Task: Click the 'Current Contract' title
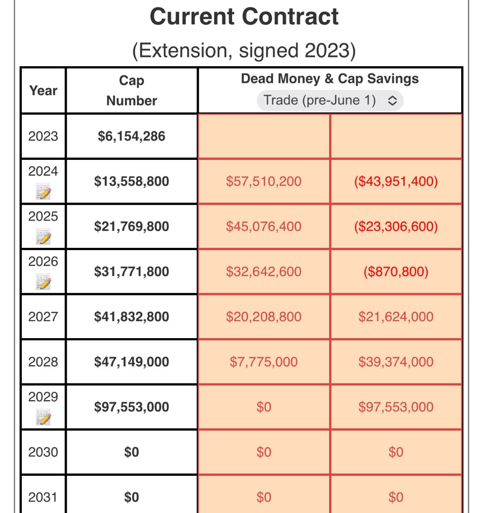click(x=244, y=17)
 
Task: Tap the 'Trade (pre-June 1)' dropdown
click(x=330, y=100)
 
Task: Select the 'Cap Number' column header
click(x=132, y=90)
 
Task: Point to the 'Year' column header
click(x=43, y=91)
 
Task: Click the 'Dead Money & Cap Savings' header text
click(x=330, y=79)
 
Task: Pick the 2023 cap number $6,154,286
click(x=132, y=136)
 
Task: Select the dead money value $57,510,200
click(x=264, y=181)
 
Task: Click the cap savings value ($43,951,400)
click(x=396, y=181)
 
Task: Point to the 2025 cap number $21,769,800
click(x=132, y=227)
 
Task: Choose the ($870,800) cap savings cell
click(x=396, y=271)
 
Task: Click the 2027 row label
click(x=43, y=317)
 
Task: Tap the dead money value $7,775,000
click(x=264, y=362)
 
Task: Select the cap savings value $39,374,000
click(x=396, y=362)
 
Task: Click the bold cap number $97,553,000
click(x=132, y=407)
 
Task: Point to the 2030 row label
click(x=43, y=452)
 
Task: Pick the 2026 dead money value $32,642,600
click(x=264, y=271)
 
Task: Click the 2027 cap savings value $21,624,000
click(x=396, y=317)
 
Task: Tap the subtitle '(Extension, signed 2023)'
click(x=244, y=50)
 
